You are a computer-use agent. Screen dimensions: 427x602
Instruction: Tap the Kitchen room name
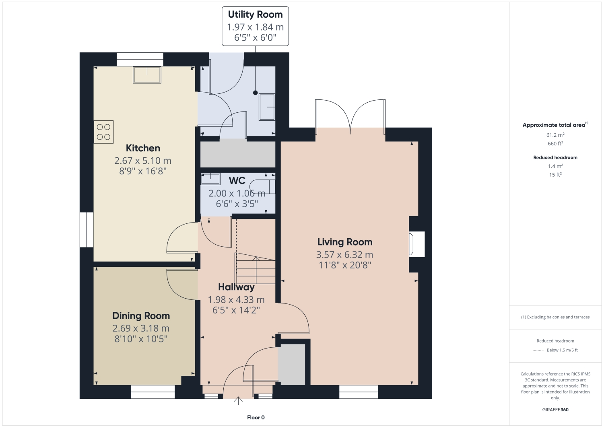coord(143,148)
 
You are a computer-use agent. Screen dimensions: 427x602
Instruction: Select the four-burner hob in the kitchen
coord(104,132)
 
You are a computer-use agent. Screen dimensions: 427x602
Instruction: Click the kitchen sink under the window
coord(147,75)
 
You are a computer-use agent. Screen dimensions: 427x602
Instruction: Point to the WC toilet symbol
coord(262,187)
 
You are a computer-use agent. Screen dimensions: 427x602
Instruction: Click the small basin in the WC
coord(210,179)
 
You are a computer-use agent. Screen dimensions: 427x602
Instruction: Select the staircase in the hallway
coord(255,268)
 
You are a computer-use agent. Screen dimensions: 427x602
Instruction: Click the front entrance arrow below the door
coord(238,400)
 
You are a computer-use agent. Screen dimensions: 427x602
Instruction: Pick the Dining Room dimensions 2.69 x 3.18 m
coord(141,328)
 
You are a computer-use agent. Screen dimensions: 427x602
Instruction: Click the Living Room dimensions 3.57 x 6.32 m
coord(344,255)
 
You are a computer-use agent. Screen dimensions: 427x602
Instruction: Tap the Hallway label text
coord(236,287)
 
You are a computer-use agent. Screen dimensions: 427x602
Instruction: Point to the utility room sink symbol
coord(267,107)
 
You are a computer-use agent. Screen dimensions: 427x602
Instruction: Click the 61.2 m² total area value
coord(555,135)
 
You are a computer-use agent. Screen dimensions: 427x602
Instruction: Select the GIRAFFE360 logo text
coord(555,410)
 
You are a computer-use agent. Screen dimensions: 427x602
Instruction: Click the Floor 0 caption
coord(256,418)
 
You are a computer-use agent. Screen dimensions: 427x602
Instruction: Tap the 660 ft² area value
coord(555,144)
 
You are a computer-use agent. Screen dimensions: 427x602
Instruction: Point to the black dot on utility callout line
coord(255,93)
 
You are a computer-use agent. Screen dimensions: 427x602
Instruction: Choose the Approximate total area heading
coord(554,125)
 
